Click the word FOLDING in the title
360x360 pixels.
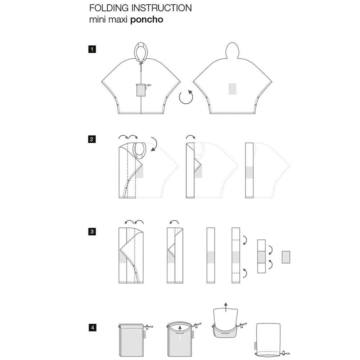tap(109, 8)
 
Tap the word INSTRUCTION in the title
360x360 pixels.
tap(161, 8)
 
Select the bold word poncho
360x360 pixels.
tap(147, 20)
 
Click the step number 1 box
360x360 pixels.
tap(92, 49)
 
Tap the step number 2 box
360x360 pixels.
tap(92, 139)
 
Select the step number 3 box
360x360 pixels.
tap(92, 231)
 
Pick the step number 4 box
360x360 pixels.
tap(93, 327)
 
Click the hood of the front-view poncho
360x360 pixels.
tap(141, 51)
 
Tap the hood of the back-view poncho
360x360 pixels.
tap(232, 50)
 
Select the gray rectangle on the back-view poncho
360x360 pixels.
tap(232, 89)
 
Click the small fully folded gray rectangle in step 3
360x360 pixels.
tap(286, 257)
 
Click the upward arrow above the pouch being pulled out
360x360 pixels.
tap(226, 307)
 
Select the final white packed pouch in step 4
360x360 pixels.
tap(268, 340)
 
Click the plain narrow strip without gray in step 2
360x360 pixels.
tap(190, 170)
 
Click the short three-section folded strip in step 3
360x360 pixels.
tap(261, 256)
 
